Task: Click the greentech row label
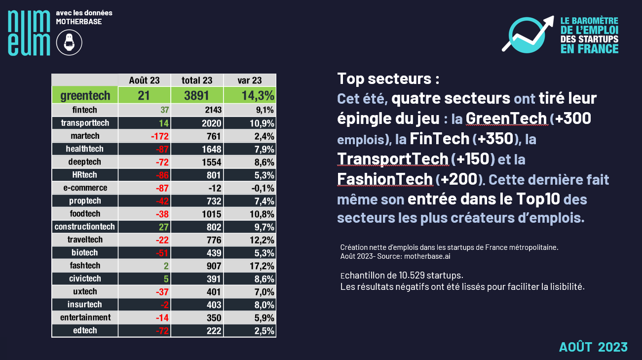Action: coord(85,95)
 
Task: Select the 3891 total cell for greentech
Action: coord(197,95)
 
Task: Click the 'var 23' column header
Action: coord(250,80)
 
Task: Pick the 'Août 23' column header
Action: coord(144,80)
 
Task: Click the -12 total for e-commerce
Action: coord(214,188)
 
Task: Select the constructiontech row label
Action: coord(85,227)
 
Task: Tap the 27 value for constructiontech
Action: coord(164,227)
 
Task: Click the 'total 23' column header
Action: coord(197,80)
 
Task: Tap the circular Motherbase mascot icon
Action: coord(69,42)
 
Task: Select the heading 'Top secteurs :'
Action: coord(388,79)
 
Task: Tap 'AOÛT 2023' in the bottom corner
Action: coord(593,347)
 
